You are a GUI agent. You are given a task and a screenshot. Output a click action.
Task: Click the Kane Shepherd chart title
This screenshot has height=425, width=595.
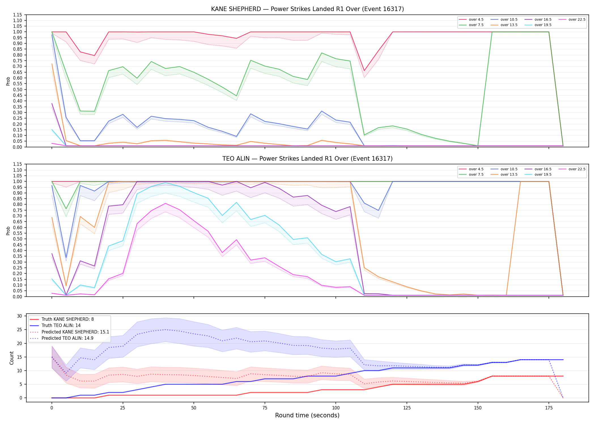(307, 9)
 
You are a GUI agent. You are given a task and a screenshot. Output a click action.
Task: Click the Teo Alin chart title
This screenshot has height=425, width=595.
(307, 159)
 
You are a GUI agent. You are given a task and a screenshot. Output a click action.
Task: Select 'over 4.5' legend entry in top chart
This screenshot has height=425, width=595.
(471, 20)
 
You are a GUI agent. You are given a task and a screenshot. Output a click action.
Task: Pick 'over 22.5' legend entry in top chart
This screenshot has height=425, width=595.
(572, 20)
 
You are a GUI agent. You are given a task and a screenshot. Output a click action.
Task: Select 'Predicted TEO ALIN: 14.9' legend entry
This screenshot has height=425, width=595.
(61, 338)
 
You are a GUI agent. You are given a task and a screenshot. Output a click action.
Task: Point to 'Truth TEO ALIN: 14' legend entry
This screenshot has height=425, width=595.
(55, 326)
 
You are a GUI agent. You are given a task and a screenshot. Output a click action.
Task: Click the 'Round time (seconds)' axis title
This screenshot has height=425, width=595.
(307, 415)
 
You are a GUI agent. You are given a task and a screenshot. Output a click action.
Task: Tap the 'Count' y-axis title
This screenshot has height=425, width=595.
(12, 358)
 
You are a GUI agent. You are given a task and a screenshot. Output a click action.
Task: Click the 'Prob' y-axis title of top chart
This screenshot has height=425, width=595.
(8, 81)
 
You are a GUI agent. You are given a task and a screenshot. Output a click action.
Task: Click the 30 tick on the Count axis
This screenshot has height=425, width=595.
(20, 316)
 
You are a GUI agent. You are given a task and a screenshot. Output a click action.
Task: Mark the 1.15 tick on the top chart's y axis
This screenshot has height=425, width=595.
(18, 15)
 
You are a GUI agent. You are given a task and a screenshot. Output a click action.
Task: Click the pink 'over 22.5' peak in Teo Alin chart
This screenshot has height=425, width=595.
(165, 203)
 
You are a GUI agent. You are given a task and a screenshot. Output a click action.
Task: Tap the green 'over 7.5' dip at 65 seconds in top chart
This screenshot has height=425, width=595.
(236, 96)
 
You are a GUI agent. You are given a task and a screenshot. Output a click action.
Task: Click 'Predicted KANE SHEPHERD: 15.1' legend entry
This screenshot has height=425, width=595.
(69, 332)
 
